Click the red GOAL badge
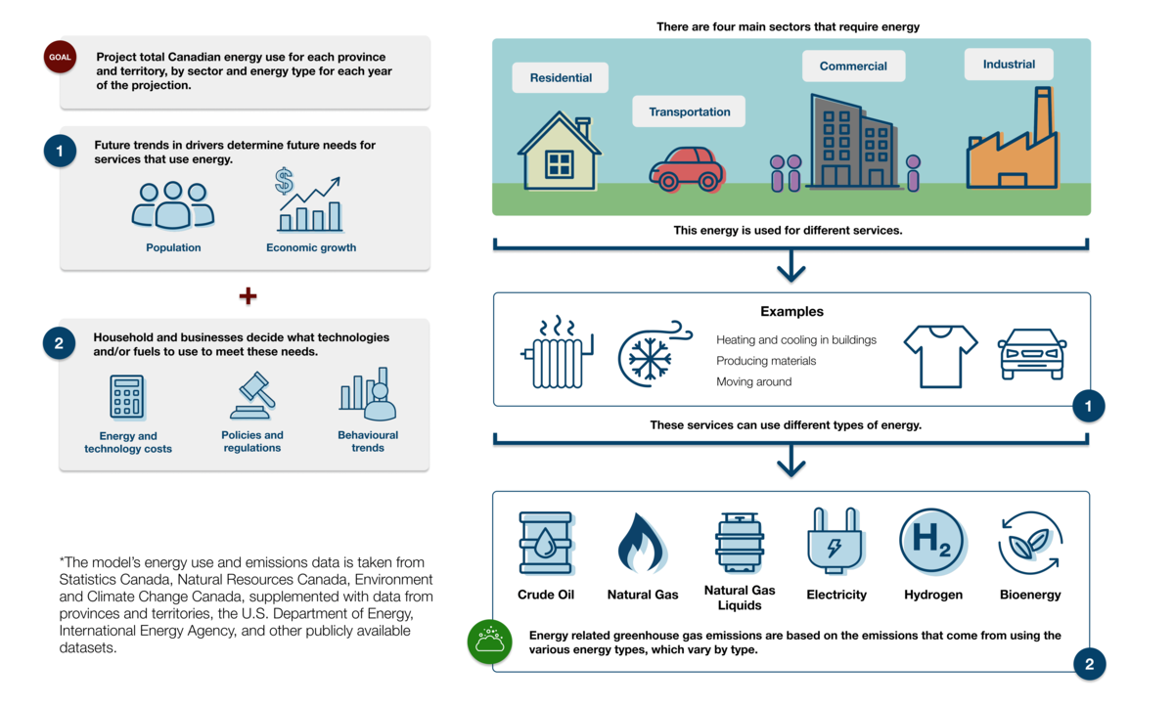click(60, 57)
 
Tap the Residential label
click(561, 77)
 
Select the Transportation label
click(689, 111)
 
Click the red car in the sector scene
click(687, 169)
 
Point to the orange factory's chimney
click(1043, 112)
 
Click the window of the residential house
click(560, 164)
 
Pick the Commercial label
click(853, 66)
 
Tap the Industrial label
click(1009, 64)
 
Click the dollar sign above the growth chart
click(284, 181)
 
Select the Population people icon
click(173, 205)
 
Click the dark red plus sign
click(248, 296)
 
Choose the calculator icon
click(127, 397)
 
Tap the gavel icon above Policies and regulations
click(252, 395)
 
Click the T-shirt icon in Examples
click(941, 356)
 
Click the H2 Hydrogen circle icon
click(933, 541)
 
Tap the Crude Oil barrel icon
click(546, 543)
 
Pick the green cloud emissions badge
click(489, 642)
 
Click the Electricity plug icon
click(835, 541)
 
